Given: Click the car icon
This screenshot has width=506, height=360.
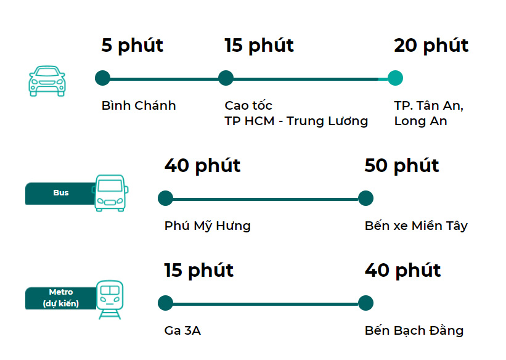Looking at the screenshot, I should [x=47, y=81].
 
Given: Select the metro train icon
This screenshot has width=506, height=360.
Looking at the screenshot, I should [x=110, y=299].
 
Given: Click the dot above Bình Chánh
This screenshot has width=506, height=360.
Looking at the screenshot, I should [x=103, y=78].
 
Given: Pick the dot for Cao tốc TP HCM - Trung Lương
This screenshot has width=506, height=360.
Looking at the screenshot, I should [x=226, y=78].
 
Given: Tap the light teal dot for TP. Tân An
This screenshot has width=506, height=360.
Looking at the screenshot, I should [x=395, y=78].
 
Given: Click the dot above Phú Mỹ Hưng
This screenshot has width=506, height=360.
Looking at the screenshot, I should [x=165, y=198].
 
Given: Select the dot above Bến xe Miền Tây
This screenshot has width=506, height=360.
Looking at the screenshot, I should [x=365, y=198].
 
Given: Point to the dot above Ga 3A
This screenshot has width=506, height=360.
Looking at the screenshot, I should [x=165, y=303].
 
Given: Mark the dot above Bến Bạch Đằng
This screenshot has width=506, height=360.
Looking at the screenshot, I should [x=365, y=303].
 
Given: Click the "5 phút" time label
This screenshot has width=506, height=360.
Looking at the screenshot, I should [x=133, y=46].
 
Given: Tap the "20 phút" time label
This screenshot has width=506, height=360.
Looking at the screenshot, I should [x=431, y=46].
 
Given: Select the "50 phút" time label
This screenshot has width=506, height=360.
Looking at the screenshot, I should [x=402, y=166].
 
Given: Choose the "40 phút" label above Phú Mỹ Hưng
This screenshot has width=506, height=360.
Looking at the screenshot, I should [x=202, y=166].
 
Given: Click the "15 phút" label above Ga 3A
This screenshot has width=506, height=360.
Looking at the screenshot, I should [x=198, y=271].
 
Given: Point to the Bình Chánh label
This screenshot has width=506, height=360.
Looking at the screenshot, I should [x=139, y=105].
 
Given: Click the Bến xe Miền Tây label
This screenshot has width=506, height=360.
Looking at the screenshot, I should [x=416, y=226].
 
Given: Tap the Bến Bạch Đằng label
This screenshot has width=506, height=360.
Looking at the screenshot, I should [x=414, y=331].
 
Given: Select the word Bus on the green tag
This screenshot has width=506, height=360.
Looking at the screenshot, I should [x=61, y=193].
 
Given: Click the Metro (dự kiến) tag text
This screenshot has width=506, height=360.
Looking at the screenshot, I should [x=61, y=298].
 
